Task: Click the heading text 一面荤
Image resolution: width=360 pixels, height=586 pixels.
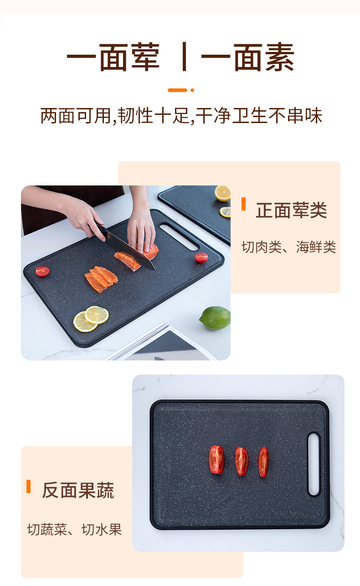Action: [x=113, y=57]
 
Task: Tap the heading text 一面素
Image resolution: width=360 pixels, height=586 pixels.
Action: [x=247, y=57]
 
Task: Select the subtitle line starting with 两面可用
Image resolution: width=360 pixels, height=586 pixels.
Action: [x=181, y=116]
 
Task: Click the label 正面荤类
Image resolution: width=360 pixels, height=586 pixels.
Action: [x=291, y=211]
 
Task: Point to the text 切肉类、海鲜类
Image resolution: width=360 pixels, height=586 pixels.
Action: [x=288, y=247]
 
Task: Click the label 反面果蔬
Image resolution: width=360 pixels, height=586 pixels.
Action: [x=78, y=490]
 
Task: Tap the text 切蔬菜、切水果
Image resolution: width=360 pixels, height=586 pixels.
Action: [x=74, y=529]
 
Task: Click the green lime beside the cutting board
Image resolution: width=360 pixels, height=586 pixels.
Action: [x=215, y=318]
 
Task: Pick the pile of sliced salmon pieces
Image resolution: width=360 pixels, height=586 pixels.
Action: [x=101, y=278]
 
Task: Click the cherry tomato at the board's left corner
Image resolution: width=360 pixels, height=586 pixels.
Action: [x=42, y=272]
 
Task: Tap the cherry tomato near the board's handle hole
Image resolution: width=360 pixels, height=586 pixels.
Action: [x=201, y=257]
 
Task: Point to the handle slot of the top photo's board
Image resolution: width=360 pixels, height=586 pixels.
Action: [x=179, y=236]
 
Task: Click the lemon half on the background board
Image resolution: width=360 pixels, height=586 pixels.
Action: [x=223, y=193]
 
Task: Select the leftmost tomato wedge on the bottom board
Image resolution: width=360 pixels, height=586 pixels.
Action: [x=216, y=460]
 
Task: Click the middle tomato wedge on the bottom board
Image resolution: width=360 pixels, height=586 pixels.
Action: [x=242, y=461]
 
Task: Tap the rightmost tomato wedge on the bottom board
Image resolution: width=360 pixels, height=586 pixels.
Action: [x=263, y=462]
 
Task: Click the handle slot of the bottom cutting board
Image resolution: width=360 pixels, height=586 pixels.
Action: [x=314, y=464]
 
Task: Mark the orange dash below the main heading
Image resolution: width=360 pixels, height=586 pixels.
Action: [x=177, y=90]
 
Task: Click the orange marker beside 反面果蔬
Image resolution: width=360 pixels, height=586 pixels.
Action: [x=29, y=486]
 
